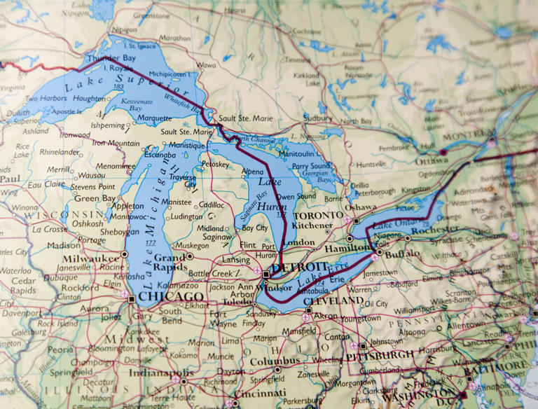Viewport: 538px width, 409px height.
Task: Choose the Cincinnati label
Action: pos(260,393)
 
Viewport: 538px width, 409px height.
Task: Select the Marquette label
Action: pos(154,118)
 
